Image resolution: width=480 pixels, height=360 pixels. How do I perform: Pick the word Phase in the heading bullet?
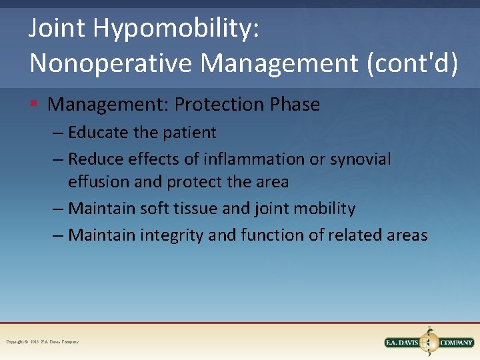tap(295, 105)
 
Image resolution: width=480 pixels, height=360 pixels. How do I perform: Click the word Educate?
tap(98, 133)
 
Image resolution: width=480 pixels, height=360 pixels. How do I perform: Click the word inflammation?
tap(247, 159)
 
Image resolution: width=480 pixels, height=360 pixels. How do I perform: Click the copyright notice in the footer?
tap(43, 342)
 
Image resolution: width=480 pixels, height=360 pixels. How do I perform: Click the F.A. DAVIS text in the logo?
tap(404, 343)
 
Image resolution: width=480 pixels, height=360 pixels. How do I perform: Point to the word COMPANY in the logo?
tap(457, 343)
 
